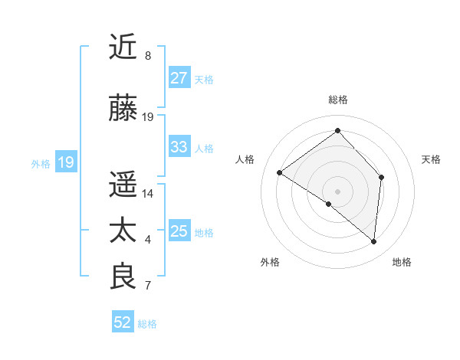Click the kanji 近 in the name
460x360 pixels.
coord(123,47)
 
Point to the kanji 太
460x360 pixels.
coord(123,231)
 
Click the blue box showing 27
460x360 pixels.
coord(179,78)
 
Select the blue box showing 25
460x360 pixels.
coord(179,231)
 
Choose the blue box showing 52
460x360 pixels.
coord(123,322)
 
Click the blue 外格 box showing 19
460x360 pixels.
coord(65,162)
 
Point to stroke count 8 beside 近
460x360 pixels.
coord(148,57)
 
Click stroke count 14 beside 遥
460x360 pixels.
coord(148,194)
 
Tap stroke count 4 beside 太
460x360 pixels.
coord(148,241)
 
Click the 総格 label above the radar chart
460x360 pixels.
coord(338,100)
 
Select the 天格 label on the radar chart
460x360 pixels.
coord(431,159)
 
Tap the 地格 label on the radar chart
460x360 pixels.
coord(402,262)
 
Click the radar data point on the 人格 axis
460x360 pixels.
coord(280,172)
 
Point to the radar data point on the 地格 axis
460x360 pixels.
coord(374,241)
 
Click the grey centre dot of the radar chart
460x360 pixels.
coord(337,191)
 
